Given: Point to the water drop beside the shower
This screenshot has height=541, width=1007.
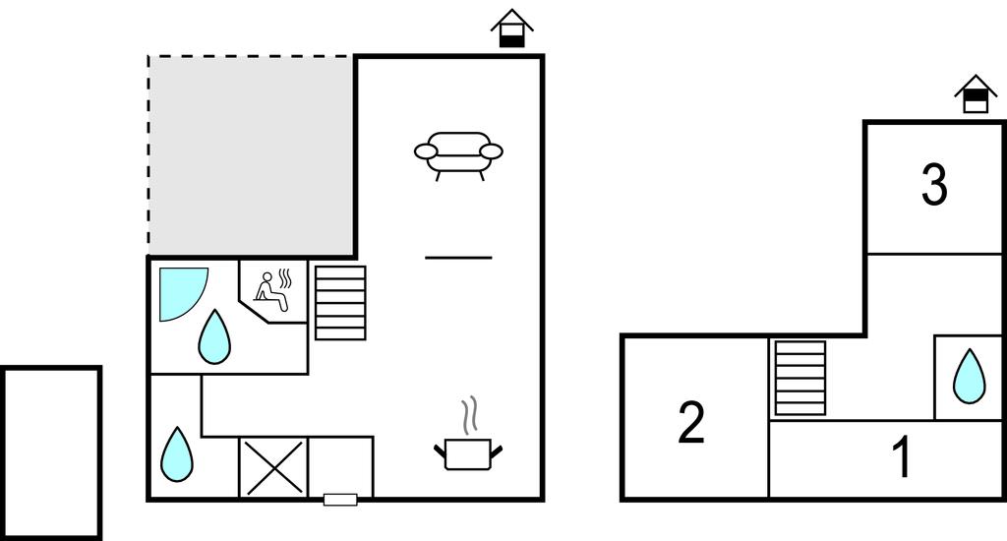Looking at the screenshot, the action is click(214, 337).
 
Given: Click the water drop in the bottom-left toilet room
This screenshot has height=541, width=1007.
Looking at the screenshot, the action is click(177, 454).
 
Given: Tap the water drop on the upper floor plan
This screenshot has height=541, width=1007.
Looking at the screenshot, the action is click(969, 377).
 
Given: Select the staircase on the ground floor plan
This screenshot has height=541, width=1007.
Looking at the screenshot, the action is click(340, 303).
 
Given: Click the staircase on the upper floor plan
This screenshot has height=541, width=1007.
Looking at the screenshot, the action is click(800, 378).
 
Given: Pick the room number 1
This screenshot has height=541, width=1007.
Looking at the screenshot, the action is click(903, 456).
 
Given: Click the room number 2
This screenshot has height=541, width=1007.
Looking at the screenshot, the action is click(691, 422).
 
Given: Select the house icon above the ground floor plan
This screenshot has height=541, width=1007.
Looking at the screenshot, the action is click(511, 29).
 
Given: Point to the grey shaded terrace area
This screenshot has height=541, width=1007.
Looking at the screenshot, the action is click(252, 156).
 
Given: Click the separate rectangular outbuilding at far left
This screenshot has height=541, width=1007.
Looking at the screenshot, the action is click(51, 453).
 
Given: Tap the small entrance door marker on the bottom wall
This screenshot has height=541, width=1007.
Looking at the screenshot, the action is click(340, 500).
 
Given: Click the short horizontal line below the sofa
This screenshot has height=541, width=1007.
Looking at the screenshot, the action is click(458, 258).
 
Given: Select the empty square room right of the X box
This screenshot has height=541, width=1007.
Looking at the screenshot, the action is click(341, 467).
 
